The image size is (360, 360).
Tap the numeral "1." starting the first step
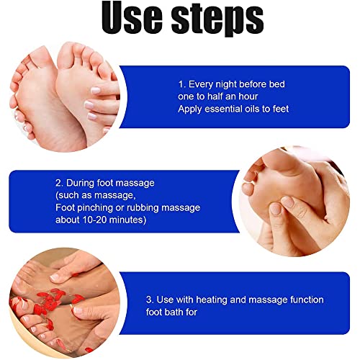point(181,84)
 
